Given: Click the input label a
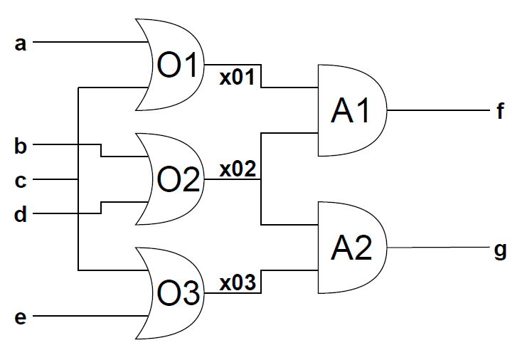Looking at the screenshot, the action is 20,44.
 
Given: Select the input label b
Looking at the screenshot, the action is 20,147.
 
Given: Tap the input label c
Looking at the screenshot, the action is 20,181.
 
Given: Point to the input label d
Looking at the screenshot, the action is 20,214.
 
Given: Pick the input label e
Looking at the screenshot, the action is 20,317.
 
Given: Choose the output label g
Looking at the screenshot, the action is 501,250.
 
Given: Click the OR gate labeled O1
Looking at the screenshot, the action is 170,65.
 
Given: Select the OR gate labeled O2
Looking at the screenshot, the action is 170,179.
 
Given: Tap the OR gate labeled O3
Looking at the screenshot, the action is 170,293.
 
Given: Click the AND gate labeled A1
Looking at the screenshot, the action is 352,110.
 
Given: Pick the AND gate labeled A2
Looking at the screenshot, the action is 352,248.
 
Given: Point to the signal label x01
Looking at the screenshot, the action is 238,78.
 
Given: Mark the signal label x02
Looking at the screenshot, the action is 238,169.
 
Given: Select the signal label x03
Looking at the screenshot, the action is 238,283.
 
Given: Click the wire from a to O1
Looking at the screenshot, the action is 91,42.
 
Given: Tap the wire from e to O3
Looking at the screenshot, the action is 91,316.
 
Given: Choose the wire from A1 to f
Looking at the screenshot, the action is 438,110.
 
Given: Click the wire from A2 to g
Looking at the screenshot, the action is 438,248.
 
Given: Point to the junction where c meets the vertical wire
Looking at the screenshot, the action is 78,179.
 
